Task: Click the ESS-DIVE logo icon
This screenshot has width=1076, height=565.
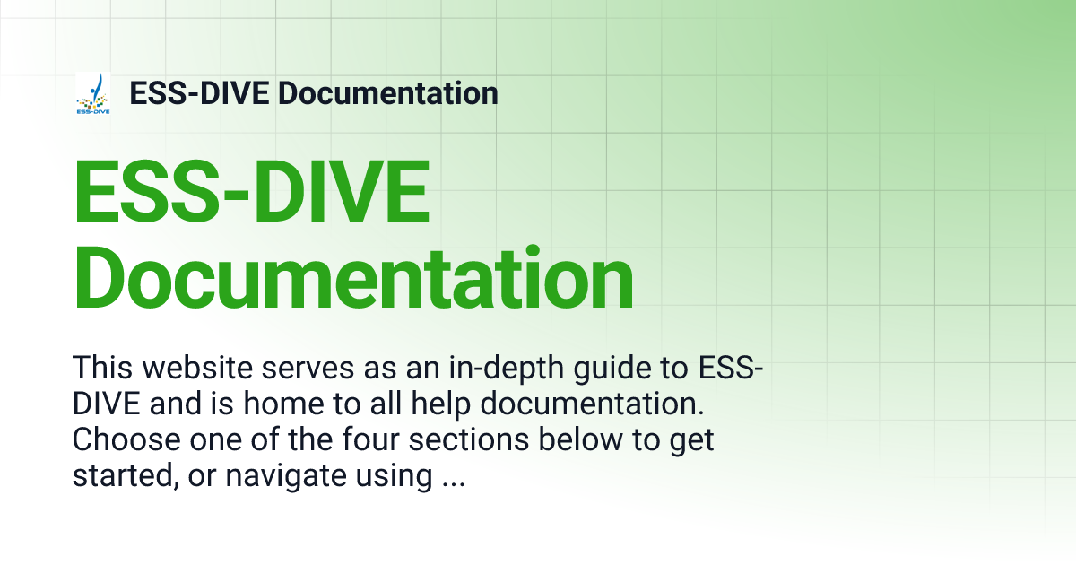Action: (93, 94)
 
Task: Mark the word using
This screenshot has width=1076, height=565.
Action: (396, 478)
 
